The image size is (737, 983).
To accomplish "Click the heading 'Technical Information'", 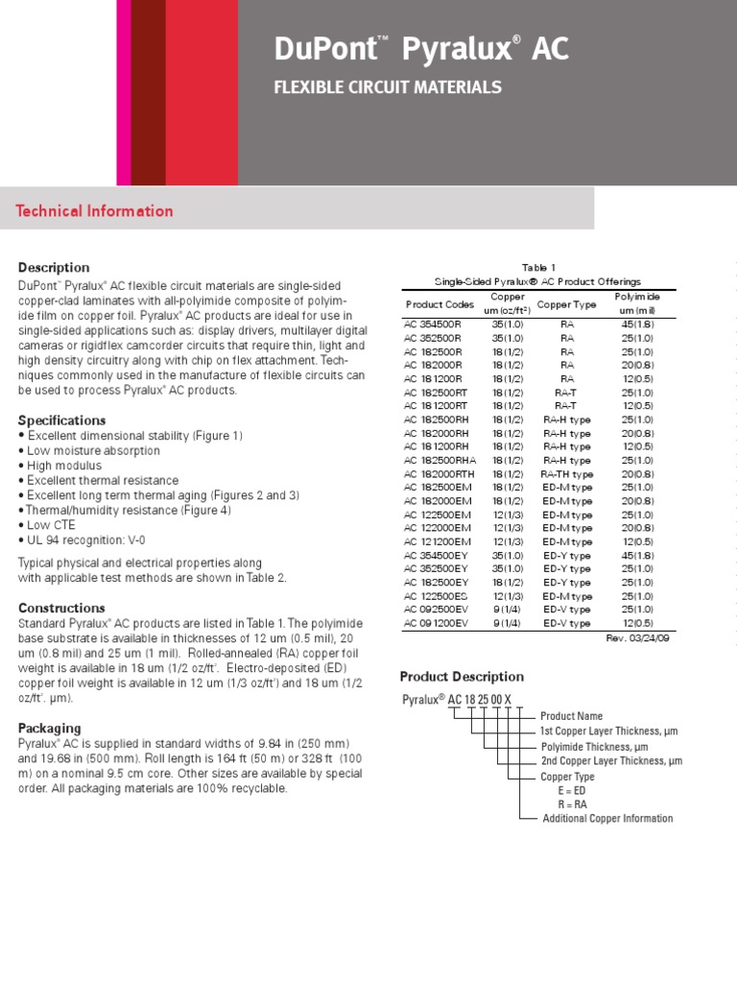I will (94, 211).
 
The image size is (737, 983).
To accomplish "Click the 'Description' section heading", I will (54, 268).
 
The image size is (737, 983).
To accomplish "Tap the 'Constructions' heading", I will (61, 609).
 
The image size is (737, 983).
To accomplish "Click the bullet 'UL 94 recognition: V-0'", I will (82, 539).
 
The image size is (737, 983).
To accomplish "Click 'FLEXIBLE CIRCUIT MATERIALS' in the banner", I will (388, 87).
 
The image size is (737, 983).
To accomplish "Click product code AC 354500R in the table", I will (433, 325).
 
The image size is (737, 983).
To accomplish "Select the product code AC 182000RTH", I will (438, 474).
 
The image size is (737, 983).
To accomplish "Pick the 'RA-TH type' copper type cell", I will (567, 474).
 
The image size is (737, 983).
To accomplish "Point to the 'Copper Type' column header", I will (566, 304).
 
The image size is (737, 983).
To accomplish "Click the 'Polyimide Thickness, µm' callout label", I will (595, 747).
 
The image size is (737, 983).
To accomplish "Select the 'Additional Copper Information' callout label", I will (607, 819).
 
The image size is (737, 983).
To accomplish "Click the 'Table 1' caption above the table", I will (538, 268).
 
